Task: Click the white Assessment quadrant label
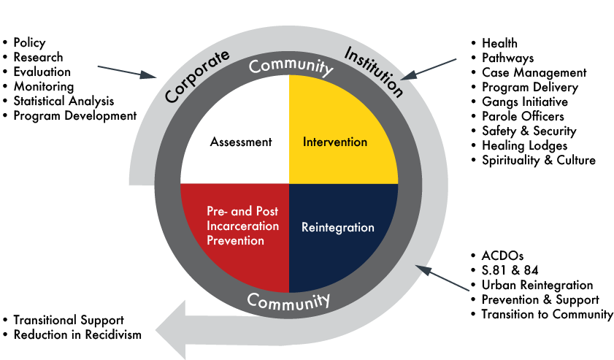pyautogui.click(x=240, y=142)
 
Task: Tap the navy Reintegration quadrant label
pyautogui.click(x=337, y=227)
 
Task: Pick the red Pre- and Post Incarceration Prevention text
pyautogui.click(x=242, y=226)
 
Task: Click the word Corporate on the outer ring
pyautogui.click(x=196, y=76)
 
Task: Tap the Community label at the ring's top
pyautogui.click(x=290, y=66)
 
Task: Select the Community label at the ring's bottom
pyautogui.click(x=288, y=300)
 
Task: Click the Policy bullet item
pyautogui.click(x=29, y=43)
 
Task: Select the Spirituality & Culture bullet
pyautogui.click(x=538, y=160)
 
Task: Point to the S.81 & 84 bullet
pyautogui.click(x=510, y=270)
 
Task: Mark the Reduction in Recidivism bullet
pyautogui.click(x=77, y=334)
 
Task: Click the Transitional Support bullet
pyautogui.click(x=68, y=320)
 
